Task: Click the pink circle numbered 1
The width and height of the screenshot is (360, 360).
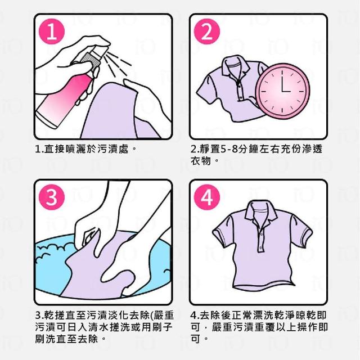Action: [52, 31]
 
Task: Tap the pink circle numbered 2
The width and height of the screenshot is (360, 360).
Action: [207, 31]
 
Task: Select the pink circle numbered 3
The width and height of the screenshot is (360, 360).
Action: [52, 197]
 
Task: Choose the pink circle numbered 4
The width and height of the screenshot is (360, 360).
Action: [207, 197]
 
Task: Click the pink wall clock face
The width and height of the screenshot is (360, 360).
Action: [282, 91]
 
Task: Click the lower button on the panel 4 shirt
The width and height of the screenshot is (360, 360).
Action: [260, 247]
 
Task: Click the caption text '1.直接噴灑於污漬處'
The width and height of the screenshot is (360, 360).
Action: [82, 149]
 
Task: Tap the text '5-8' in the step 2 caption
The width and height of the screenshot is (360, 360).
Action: [229, 149]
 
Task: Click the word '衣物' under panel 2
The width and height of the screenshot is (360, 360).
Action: [200, 160]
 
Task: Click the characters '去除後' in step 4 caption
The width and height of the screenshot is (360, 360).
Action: [215, 315]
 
